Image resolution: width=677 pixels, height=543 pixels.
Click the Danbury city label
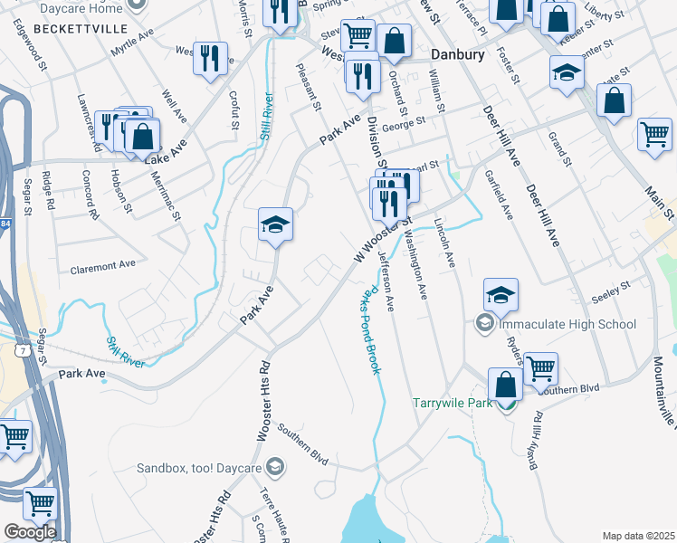tap(457, 54)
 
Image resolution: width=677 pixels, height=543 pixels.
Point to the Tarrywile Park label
tap(453, 403)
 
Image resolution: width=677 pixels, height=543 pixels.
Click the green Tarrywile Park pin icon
tap(510, 403)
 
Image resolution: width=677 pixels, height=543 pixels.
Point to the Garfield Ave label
tap(499, 195)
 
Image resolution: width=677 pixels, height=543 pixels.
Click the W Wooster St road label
tap(383, 240)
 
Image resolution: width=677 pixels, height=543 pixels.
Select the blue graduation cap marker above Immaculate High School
tap(501, 294)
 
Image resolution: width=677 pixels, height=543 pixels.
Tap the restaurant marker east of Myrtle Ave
tap(210, 59)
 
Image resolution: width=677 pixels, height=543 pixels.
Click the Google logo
tap(30, 531)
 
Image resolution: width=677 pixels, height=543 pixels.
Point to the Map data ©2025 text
tap(638, 536)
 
